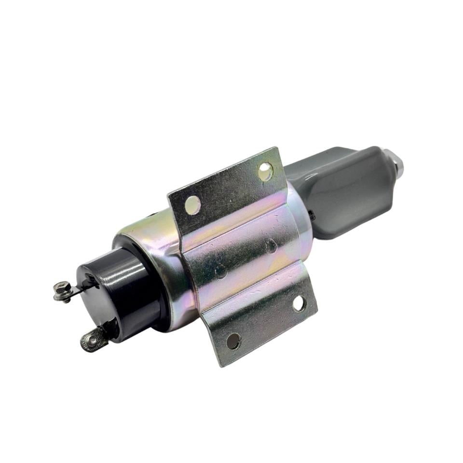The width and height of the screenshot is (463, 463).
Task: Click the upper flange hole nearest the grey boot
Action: (265, 171)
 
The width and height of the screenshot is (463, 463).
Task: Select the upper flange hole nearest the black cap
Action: (192, 204)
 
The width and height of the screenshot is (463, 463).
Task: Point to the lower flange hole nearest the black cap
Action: (233, 341)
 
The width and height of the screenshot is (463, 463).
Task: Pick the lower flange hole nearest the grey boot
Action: (299, 303)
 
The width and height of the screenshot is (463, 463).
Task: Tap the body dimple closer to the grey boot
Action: (270, 247)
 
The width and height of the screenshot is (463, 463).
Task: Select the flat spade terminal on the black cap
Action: (94, 339)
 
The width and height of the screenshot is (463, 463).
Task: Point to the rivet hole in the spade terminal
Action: (91, 340)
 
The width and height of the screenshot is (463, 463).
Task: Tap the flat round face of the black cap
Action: (99, 299)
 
